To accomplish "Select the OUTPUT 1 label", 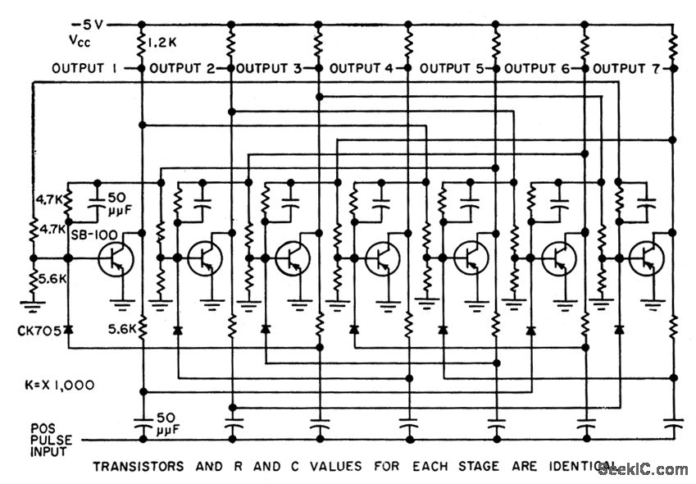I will tap(84, 69).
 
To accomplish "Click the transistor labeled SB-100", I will tap(114, 258).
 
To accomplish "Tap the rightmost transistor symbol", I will tap(647, 258).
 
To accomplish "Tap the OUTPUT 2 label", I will tap(182, 69).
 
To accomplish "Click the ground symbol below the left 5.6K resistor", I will tap(33, 308).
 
